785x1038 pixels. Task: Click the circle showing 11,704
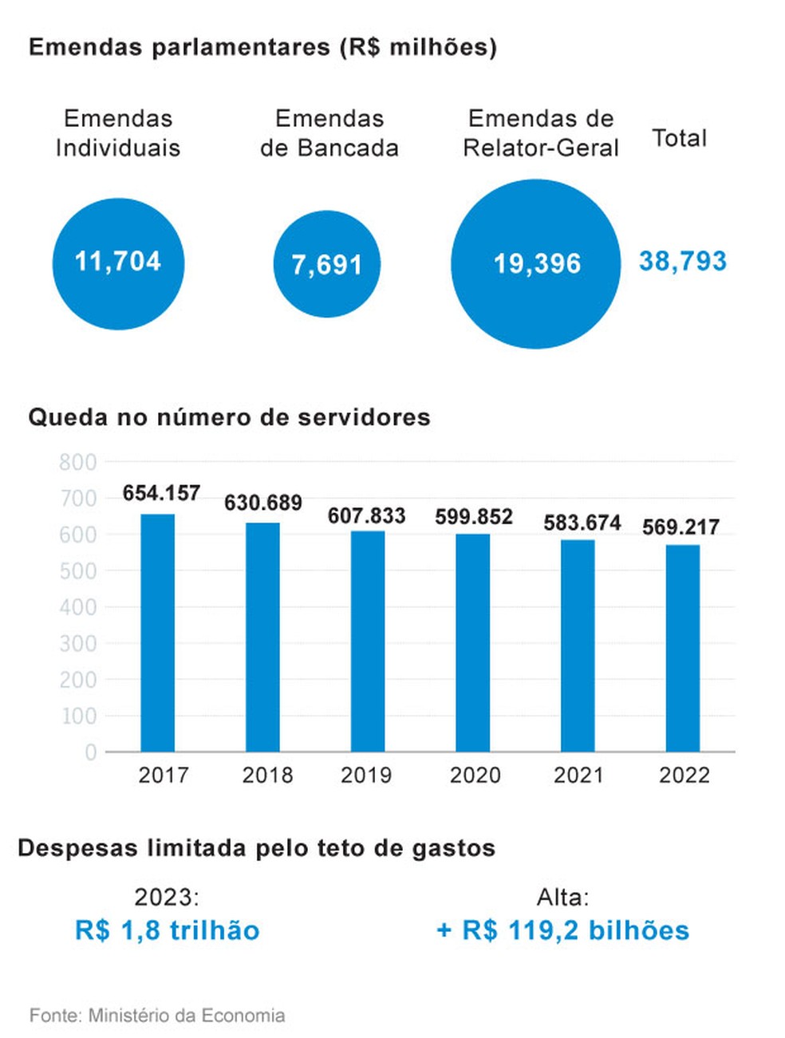(x=118, y=263)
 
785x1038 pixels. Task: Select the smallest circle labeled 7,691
(x=327, y=264)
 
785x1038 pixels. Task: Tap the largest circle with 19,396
(x=536, y=263)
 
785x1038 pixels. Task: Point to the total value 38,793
(x=683, y=261)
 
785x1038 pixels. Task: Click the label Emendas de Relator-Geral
(x=541, y=133)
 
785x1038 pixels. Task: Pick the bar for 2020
(x=473, y=642)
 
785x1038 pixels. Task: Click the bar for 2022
(x=683, y=648)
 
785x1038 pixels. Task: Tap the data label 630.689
(x=263, y=503)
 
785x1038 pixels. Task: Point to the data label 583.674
(x=582, y=523)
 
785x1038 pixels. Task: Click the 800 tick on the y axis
(x=78, y=462)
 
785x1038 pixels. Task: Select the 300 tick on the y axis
(x=78, y=644)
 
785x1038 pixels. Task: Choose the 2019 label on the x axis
(x=366, y=775)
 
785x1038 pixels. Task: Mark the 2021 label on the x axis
(x=578, y=775)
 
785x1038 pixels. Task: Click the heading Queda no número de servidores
(x=230, y=417)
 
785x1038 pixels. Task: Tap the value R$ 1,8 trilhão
(x=168, y=930)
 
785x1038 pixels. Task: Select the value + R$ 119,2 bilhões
(x=563, y=930)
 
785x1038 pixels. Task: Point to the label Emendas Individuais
(x=118, y=133)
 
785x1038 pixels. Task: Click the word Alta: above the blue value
(x=563, y=898)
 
